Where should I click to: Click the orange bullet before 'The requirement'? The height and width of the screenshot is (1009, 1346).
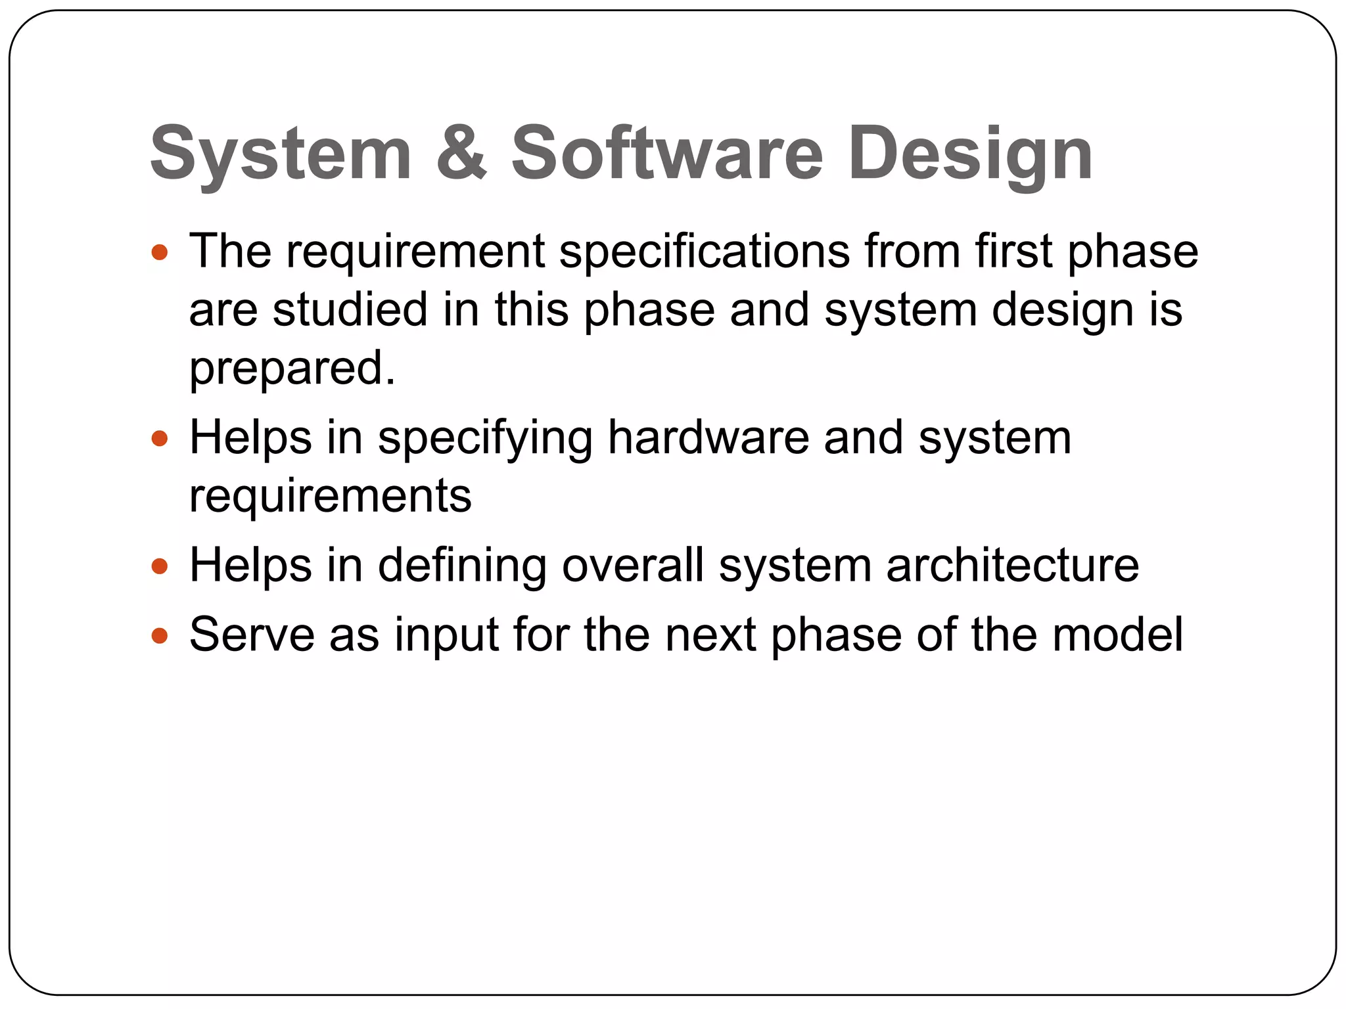click(x=160, y=252)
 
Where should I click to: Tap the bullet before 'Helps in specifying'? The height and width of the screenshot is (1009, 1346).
click(x=160, y=438)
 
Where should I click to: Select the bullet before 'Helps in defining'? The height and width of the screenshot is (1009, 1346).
click(x=160, y=566)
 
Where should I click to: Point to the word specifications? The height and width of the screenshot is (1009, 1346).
click(x=705, y=252)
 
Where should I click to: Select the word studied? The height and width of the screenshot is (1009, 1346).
click(x=350, y=309)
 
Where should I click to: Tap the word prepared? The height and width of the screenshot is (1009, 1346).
click(x=292, y=369)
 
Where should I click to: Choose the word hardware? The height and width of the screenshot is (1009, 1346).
click(x=708, y=438)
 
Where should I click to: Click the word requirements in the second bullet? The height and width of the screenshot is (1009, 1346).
click(x=330, y=497)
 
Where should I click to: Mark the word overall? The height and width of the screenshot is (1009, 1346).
click(x=633, y=566)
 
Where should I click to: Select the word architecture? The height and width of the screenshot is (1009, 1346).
click(x=1012, y=566)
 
